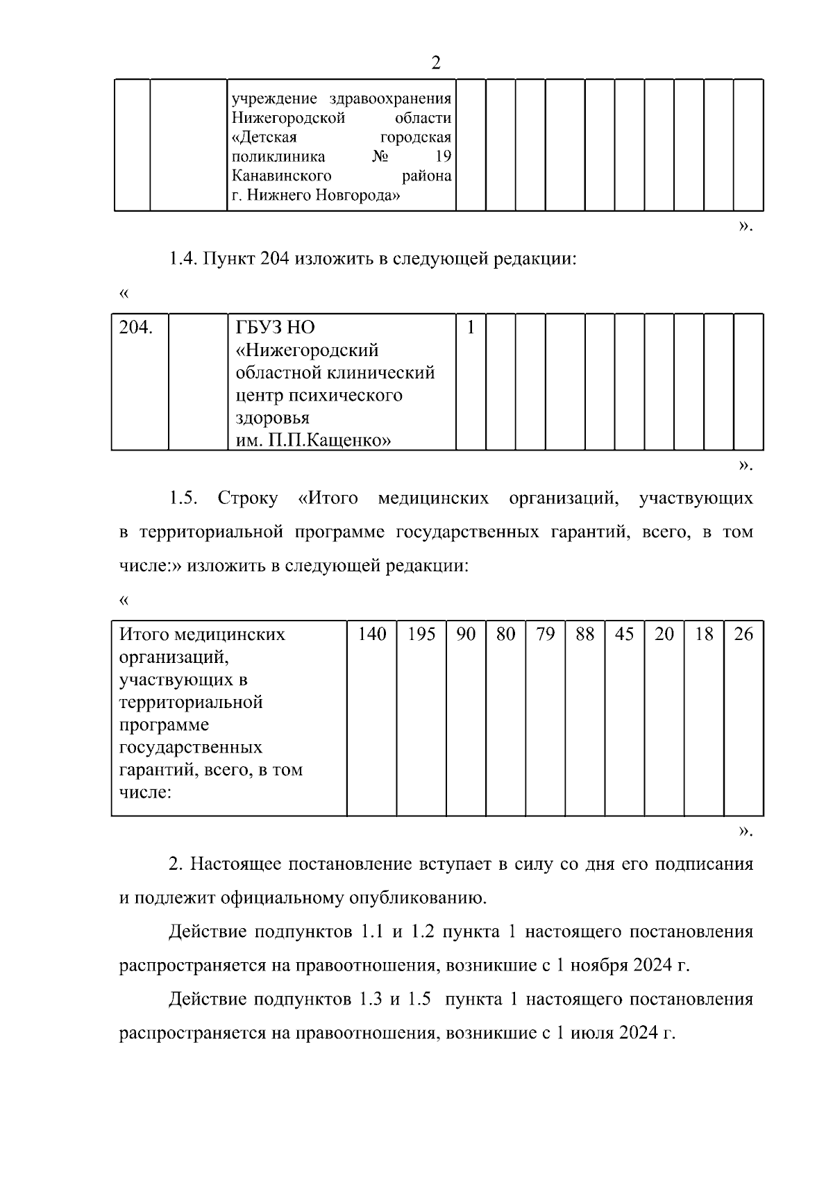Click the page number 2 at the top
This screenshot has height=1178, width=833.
[x=435, y=63]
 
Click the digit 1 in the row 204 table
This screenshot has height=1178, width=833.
[x=471, y=327]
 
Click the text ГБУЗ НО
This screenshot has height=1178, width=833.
[x=276, y=327]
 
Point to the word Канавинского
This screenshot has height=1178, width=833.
[x=281, y=176]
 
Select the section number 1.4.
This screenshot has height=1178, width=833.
[x=183, y=260]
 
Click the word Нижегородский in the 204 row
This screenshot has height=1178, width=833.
[x=308, y=350]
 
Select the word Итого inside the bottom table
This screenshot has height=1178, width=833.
[x=144, y=634]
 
